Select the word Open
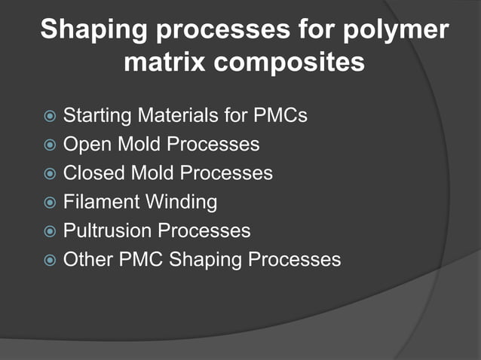(86, 145)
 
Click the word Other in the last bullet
(87, 260)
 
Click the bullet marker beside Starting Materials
(49, 117)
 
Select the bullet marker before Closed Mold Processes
(49, 174)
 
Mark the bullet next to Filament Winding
(49, 203)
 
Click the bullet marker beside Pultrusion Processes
(49, 231)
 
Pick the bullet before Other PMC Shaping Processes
(49, 261)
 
